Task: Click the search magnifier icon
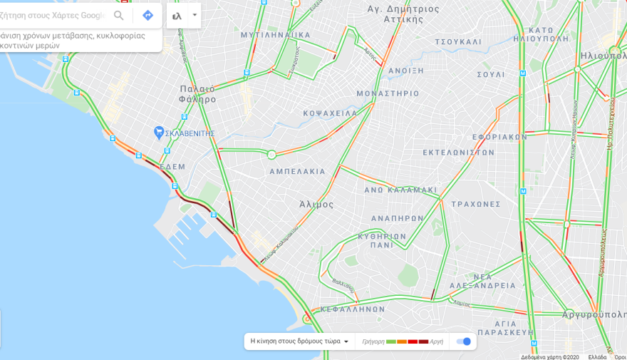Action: (119, 15)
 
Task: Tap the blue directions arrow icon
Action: (147, 15)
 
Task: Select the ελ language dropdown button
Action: (184, 15)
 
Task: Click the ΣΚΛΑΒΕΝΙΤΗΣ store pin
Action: (160, 133)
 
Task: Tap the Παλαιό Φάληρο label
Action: (197, 94)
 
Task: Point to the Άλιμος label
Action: (316, 204)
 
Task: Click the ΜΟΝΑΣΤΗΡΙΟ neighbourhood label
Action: (388, 93)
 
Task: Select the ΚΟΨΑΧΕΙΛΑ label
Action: (330, 113)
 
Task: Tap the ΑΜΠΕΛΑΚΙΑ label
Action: (297, 172)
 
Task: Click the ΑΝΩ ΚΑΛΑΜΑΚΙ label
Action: (400, 190)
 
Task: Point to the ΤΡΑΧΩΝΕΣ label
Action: (476, 204)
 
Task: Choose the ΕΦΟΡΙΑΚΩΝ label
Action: (499, 137)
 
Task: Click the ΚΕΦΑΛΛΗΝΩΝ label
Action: (353, 309)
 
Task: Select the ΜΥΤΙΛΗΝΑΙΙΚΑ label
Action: (276, 34)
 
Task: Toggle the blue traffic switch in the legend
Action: (463, 341)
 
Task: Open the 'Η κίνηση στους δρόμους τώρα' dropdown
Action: (299, 341)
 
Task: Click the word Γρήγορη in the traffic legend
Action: (373, 341)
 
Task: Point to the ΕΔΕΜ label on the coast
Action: (172, 167)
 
